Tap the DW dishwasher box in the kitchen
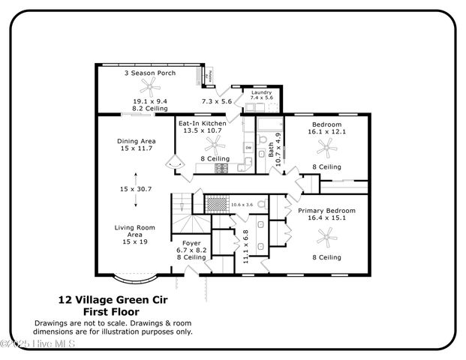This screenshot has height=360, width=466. [248, 148]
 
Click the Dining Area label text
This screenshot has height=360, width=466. [136, 141]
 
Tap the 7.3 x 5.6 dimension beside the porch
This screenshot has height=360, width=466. [216, 100]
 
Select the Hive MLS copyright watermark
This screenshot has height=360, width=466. [38, 344]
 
